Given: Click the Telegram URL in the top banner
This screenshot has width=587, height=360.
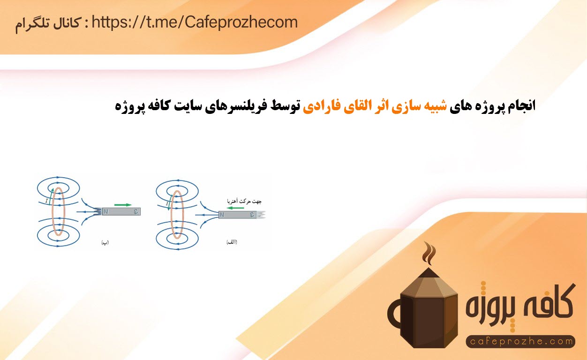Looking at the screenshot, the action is point(195,22).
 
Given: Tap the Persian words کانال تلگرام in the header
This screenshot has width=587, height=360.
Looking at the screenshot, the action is point(48,24).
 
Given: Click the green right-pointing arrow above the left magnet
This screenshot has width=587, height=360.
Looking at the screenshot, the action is point(123,205).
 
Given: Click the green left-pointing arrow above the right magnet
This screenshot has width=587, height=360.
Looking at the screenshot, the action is point(235,208).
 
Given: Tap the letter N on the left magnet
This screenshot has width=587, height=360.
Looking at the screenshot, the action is point(105,212).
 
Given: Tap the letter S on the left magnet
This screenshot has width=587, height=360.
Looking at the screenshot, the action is point(136,212).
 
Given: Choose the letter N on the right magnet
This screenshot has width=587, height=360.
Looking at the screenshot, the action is point(222,215).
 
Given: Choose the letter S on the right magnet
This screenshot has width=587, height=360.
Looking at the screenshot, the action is point(252,215).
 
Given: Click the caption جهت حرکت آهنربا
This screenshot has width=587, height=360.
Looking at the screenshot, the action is point(244,201).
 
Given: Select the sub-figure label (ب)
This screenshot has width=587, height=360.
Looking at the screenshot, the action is point(105,242).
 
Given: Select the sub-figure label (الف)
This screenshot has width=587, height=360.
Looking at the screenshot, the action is point(232,242).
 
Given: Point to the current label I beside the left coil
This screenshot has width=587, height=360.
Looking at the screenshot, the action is point(46,201).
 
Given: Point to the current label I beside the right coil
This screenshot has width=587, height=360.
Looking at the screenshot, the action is point(167,203).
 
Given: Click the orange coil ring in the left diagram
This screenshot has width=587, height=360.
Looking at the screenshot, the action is point(52,212).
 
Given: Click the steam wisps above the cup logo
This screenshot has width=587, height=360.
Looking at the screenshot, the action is point(429,253).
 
